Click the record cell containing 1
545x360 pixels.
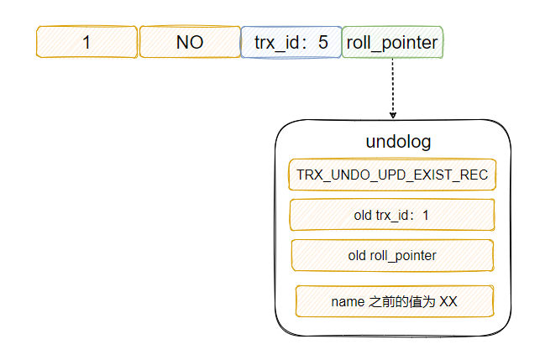86,42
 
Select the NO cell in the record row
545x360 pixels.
190,42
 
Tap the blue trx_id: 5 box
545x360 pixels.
291,42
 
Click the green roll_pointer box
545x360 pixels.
392,42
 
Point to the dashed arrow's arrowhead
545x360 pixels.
393,115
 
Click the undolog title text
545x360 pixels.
398,142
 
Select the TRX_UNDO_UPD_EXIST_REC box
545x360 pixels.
392,175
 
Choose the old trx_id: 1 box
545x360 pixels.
392,215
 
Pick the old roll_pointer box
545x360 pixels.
392,255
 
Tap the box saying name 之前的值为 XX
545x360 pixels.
395,301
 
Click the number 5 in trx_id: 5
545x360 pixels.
323,42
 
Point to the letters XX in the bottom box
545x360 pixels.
448,301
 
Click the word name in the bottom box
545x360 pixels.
348,301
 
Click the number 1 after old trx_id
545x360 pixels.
426,216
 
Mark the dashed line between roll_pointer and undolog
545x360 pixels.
393,88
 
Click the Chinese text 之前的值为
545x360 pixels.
401,301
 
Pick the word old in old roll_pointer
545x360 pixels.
357,255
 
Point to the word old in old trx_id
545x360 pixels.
363,216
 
